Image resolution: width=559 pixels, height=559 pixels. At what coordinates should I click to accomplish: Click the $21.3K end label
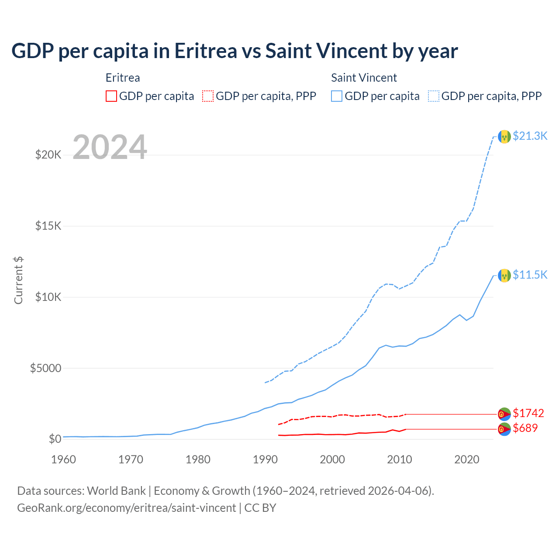530,136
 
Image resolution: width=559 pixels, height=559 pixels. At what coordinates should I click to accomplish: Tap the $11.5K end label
530,275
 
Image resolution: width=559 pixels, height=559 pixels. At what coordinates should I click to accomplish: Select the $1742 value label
528,413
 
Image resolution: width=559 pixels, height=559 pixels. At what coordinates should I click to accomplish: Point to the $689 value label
525,428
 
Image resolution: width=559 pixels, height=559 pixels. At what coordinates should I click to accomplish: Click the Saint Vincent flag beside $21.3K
504,137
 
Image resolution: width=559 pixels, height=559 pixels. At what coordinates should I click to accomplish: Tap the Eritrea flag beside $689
504,429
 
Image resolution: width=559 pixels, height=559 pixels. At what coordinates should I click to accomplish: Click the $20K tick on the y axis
48,155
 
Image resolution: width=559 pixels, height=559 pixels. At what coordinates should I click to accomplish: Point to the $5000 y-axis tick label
45,368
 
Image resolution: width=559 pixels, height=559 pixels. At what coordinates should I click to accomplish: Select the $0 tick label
55,439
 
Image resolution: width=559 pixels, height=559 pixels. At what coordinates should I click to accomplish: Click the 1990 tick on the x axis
265,459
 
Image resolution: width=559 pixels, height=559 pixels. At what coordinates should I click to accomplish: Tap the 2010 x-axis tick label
400,459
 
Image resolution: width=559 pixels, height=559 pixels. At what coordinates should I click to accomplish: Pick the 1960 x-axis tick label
64,459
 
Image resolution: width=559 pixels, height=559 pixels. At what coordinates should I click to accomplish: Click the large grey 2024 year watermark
110,147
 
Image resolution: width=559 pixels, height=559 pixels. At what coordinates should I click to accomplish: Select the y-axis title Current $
18,280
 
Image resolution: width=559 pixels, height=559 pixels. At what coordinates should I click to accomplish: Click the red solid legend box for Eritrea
111,96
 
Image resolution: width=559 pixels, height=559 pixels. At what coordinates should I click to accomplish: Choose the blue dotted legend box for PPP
434,96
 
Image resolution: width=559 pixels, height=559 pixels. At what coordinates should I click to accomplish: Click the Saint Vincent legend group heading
364,78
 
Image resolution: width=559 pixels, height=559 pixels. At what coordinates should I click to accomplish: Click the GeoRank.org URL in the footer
126,508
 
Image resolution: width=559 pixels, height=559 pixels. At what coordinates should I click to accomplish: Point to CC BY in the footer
260,508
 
